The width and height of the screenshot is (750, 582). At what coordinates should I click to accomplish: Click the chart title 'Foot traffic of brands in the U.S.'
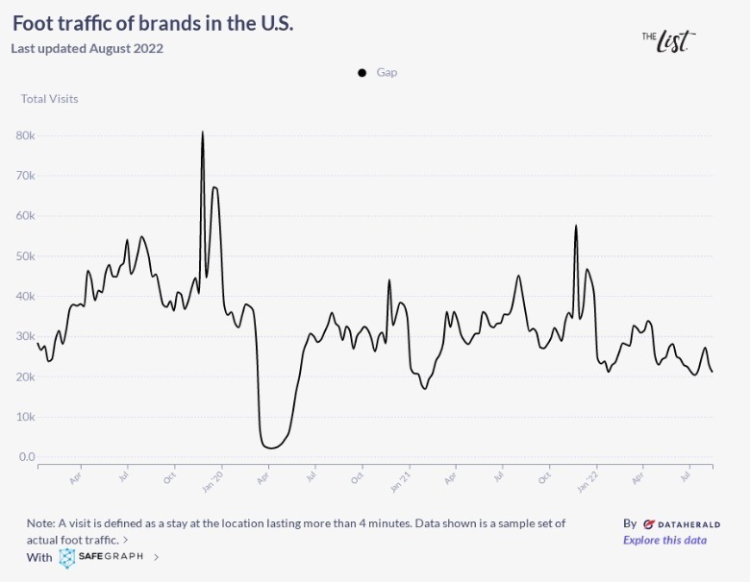[153, 23]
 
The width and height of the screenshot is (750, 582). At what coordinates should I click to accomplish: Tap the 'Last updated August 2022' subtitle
[87, 48]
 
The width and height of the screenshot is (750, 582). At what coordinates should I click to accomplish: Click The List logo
[668, 39]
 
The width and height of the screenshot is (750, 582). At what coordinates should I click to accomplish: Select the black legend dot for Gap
[362, 73]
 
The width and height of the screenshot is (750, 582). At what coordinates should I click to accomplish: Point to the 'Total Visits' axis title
[50, 99]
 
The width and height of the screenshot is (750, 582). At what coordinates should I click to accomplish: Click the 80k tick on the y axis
[26, 135]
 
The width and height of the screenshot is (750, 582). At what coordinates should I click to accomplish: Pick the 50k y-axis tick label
[26, 256]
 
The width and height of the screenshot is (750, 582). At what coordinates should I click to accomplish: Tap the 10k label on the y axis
[26, 417]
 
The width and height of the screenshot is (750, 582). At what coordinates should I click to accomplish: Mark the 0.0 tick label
[26, 457]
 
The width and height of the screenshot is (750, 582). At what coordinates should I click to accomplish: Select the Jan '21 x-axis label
[401, 477]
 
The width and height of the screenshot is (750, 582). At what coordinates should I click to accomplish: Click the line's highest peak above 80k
[202, 132]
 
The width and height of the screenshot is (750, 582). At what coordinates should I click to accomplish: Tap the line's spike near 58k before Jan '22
[575, 226]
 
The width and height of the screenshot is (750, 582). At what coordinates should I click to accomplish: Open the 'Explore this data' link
[664, 540]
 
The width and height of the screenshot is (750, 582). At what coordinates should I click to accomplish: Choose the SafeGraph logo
[100, 557]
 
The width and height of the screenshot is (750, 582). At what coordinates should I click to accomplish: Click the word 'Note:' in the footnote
[41, 523]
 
